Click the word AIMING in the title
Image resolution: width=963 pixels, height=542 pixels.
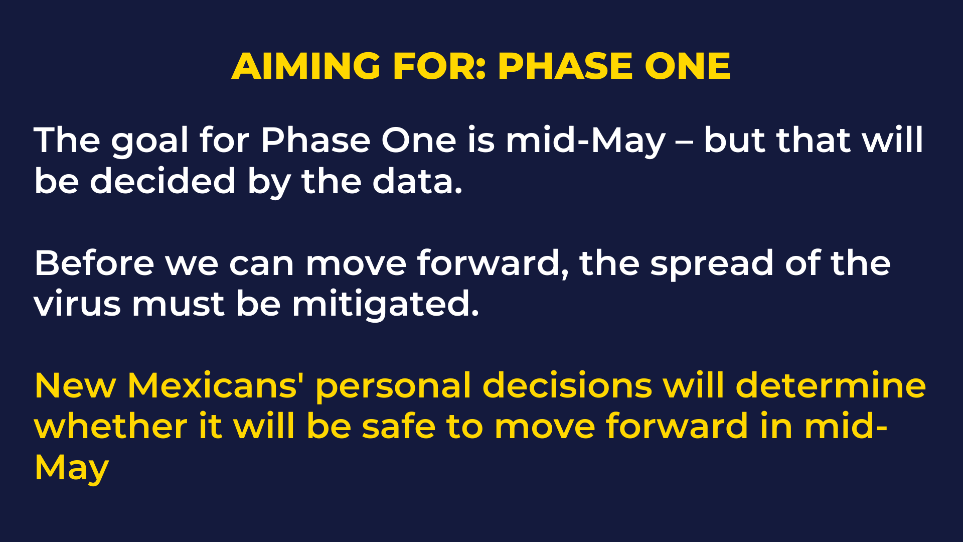pyautogui.click(x=306, y=66)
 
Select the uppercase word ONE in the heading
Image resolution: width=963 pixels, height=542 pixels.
pyautogui.click(x=688, y=66)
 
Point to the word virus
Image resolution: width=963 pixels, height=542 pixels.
pyautogui.click(x=77, y=304)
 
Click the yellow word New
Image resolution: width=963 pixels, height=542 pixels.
pyautogui.click(x=75, y=385)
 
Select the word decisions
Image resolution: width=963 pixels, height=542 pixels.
pyautogui.click(x=567, y=385)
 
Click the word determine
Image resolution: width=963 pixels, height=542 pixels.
pyautogui.click(x=831, y=385)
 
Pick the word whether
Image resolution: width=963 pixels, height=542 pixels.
pyautogui.click(x=111, y=427)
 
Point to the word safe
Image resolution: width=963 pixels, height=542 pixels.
pyautogui.click(x=399, y=427)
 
